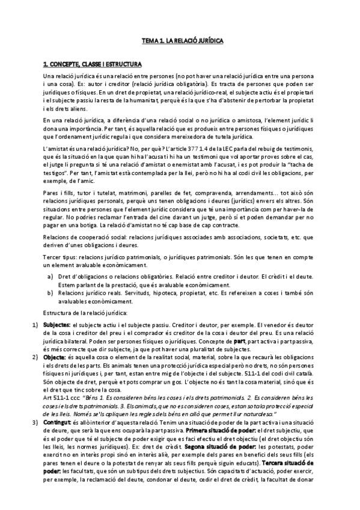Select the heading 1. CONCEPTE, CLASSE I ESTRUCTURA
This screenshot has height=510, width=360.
coord(92,63)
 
